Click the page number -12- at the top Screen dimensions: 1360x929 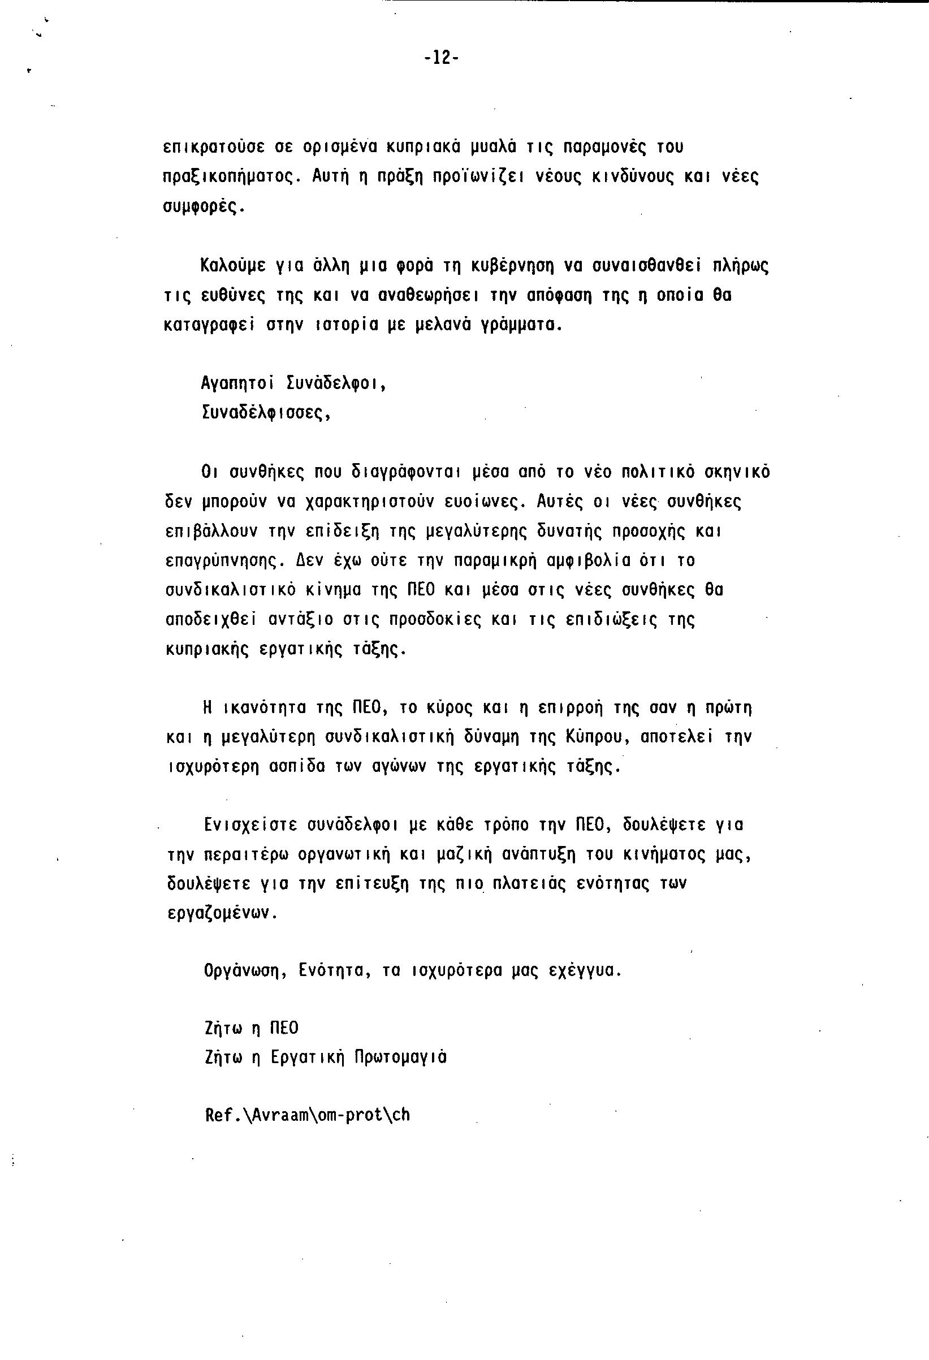point(442,57)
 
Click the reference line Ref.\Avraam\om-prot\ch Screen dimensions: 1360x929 point(307,1115)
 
